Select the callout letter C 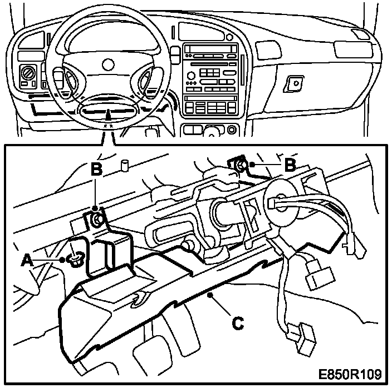tap(237, 322)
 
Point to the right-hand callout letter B tap(289, 165)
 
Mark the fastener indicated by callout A tap(76, 258)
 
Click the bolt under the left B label tap(97, 219)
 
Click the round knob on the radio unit tap(192, 75)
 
